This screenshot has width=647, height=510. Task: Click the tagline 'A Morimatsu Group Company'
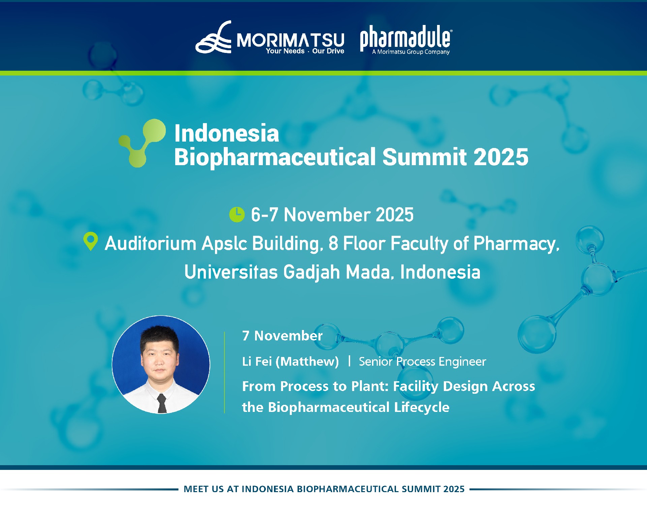(x=411, y=52)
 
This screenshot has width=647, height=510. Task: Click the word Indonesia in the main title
(x=226, y=133)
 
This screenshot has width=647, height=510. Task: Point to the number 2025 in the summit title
(x=501, y=157)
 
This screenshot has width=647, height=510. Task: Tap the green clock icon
(x=237, y=214)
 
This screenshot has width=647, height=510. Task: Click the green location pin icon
(x=91, y=241)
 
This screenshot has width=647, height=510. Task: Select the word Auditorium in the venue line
(x=150, y=243)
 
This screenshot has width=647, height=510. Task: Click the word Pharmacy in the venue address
(x=516, y=243)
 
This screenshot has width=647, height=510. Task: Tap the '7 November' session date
(x=282, y=336)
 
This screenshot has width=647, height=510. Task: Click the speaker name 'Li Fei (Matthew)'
(x=290, y=361)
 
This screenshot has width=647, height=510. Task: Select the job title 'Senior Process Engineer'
(x=422, y=361)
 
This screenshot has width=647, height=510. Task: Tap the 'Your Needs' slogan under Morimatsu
(x=285, y=51)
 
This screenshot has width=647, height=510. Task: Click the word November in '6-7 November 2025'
(x=327, y=215)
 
